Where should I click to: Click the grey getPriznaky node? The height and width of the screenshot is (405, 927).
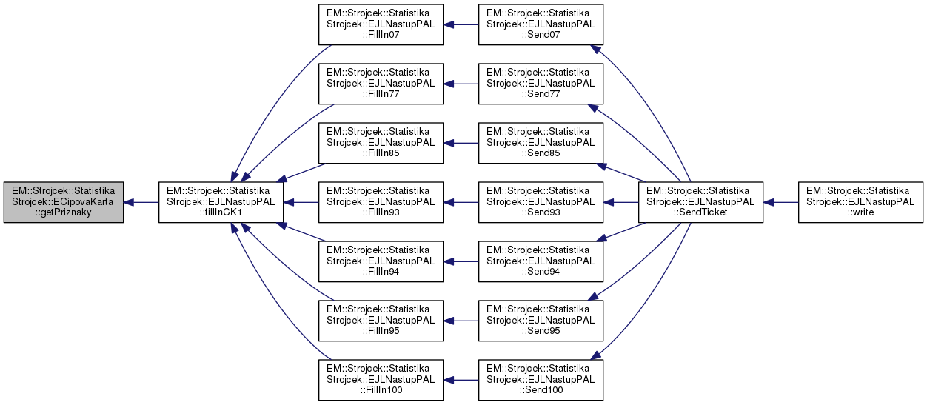[62, 201]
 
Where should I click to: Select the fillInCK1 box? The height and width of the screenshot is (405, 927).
[221, 201]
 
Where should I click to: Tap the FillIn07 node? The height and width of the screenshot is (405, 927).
[381, 24]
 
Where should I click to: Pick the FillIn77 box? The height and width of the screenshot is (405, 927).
[381, 84]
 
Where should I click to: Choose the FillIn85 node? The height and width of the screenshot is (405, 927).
[381, 143]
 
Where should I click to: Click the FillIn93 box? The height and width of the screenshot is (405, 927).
[381, 201]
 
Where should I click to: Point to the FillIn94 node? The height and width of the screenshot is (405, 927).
[381, 261]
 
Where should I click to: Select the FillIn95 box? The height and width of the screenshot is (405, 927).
[381, 320]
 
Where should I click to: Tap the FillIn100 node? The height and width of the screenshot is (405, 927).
[381, 379]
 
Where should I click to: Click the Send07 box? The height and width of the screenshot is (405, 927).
[540, 24]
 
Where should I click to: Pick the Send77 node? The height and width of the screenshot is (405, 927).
[540, 84]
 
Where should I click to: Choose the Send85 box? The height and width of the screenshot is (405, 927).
[540, 143]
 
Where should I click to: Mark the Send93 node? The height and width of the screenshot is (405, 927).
[540, 201]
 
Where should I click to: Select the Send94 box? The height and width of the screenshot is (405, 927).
[540, 261]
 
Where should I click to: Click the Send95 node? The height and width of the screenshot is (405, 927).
[540, 320]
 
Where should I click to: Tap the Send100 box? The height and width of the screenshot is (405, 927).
[540, 379]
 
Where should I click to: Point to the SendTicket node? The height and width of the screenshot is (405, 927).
[700, 201]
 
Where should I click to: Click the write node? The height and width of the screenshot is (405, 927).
[860, 201]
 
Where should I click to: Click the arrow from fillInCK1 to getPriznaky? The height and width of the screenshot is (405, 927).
[141, 201]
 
